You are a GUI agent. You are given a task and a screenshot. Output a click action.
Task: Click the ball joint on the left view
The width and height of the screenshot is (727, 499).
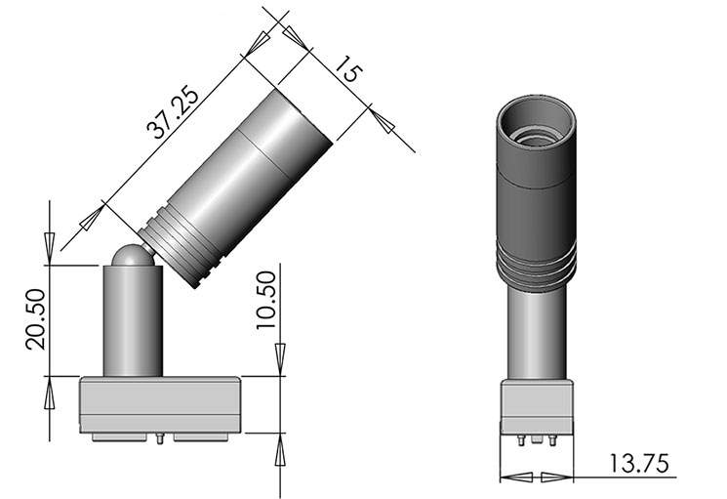point(130,255)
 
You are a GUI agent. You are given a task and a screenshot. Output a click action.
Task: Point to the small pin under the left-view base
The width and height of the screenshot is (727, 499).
point(159,438)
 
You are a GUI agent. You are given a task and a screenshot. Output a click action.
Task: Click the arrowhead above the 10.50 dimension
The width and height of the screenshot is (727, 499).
point(281,361)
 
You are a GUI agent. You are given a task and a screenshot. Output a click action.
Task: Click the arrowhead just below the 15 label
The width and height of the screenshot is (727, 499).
point(382,122)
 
